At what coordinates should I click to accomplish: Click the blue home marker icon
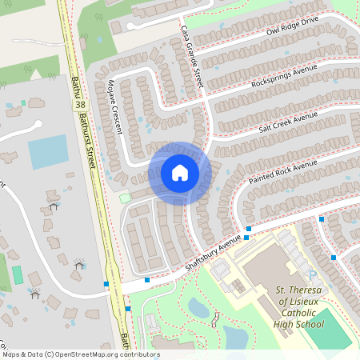180,173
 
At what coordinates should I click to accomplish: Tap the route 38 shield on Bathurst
79,105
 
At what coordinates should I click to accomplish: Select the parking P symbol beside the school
313,275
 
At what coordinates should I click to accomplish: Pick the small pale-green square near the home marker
124,198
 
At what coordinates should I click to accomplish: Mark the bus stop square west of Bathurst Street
106,284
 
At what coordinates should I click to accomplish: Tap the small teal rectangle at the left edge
17,274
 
